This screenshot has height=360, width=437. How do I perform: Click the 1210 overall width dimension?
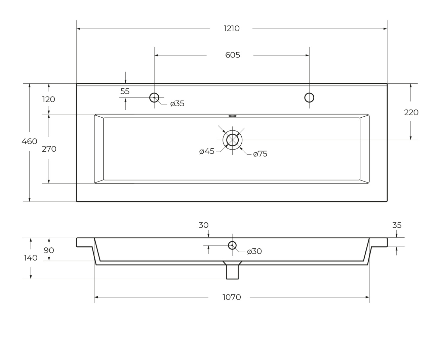(232, 29)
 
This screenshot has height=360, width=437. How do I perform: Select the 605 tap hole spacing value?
(233, 55)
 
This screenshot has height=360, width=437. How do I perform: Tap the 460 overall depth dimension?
(30, 142)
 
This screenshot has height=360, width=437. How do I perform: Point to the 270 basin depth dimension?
(49, 149)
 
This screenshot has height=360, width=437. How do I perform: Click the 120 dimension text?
(48, 99)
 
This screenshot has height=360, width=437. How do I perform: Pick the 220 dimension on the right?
(411, 113)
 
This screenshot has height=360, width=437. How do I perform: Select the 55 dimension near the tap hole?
(125, 91)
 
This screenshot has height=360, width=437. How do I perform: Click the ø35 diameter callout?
(177, 104)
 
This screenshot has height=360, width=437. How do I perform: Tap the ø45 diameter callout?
(207, 151)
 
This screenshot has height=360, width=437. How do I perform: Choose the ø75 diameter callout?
(260, 154)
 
